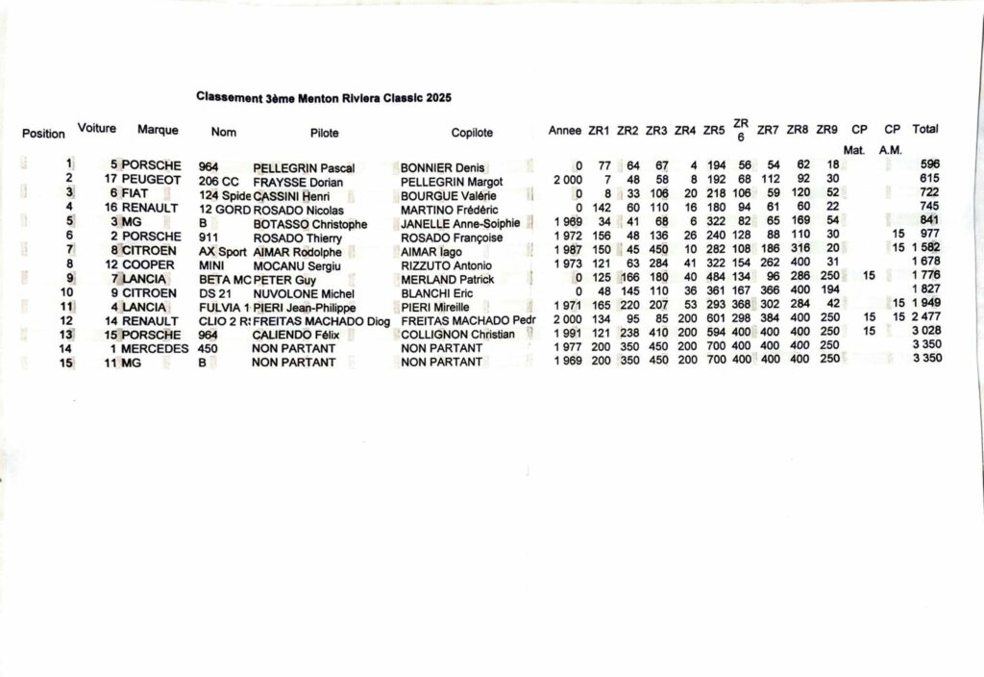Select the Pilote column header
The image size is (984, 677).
pos(325,134)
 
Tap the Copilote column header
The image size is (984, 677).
pos(472,134)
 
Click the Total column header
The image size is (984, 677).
pos(925,129)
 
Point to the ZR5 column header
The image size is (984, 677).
pos(714,131)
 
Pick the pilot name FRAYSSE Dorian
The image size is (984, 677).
pos(298,182)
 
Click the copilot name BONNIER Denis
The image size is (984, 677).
pos(443,167)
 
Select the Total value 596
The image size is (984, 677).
pos(929,164)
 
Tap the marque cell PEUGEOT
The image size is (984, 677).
pos(151,180)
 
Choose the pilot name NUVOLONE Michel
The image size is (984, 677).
pos(304,293)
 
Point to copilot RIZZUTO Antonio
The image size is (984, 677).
pos(447,265)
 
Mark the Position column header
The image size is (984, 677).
pos(43,134)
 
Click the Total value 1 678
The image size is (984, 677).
pos(926,263)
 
